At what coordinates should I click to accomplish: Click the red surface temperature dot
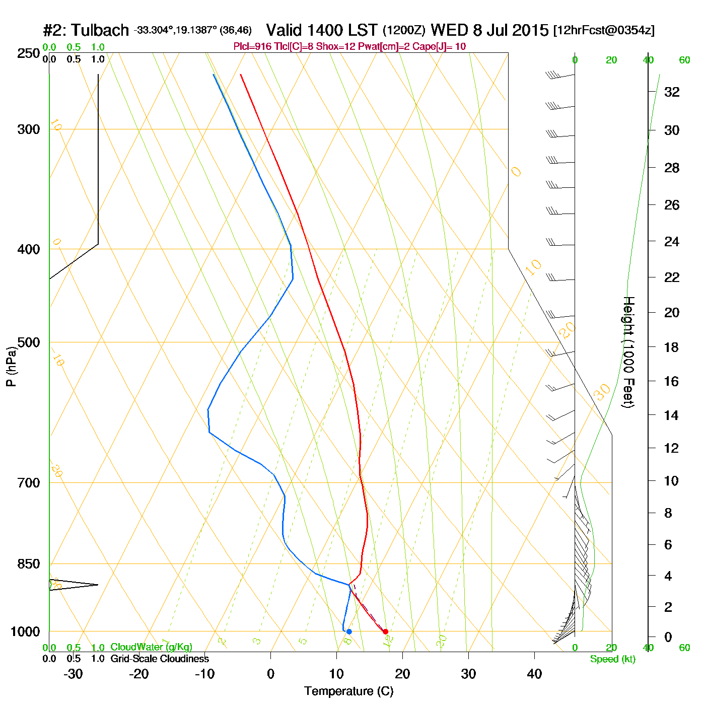point(386,631)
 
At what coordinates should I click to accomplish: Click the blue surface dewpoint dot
point(349,631)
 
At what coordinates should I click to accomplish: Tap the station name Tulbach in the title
point(100,30)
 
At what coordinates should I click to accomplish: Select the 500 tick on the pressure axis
point(29,342)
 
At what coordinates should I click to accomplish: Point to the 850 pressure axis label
point(29,564)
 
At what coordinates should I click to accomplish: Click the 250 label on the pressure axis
point(29,53)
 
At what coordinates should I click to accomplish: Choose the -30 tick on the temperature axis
point(73,674)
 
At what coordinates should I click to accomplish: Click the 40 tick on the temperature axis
point(534,674)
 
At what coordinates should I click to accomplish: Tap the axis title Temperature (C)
point(348,691)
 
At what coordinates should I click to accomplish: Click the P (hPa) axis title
point(11,366)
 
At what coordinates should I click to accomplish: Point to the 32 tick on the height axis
point(672,92)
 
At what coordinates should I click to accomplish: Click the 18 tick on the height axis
point(672,347)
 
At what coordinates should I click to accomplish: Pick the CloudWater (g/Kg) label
point(151,647)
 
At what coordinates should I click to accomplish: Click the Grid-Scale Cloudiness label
point(160,659)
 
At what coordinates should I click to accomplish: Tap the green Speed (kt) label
point(612,659)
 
